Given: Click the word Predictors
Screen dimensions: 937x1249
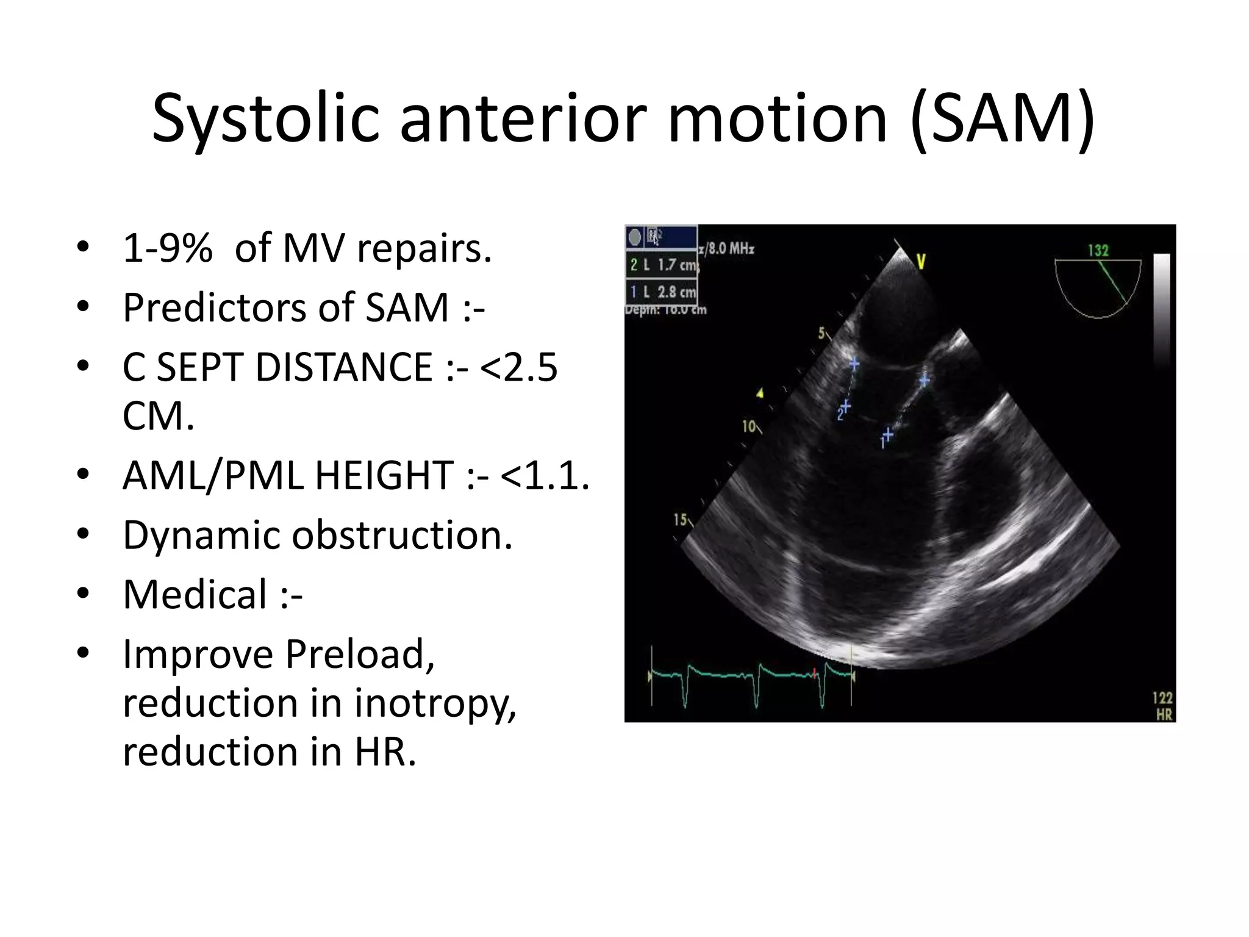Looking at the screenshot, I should pos(215,307).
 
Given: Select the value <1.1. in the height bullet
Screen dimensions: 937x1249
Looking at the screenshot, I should pos(545,475).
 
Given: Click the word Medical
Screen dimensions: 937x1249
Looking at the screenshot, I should pos(195,594).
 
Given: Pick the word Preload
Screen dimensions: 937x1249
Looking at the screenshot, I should pos(360,654).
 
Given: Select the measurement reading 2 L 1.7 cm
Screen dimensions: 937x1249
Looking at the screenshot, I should pos(662,265).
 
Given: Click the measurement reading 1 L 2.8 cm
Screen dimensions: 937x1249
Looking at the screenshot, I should pos(662,292).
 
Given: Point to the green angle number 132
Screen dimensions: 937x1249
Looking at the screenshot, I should pos(1098,251).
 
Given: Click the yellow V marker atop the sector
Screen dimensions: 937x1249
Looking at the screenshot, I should pos(921,262).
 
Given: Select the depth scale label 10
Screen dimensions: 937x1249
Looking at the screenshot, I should pos(748,426).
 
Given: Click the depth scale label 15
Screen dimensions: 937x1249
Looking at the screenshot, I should pos(679,520).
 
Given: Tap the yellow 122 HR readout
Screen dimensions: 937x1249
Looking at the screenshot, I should pos(1162,705).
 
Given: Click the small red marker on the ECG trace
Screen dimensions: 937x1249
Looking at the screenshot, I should pos(814,673).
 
